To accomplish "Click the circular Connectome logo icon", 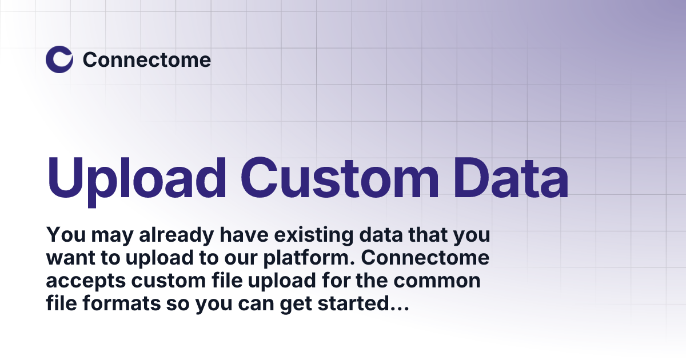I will [59, 59].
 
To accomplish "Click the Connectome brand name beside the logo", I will [147, 59].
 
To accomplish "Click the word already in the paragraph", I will [157, 234].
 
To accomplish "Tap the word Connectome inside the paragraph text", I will [426, 258].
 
